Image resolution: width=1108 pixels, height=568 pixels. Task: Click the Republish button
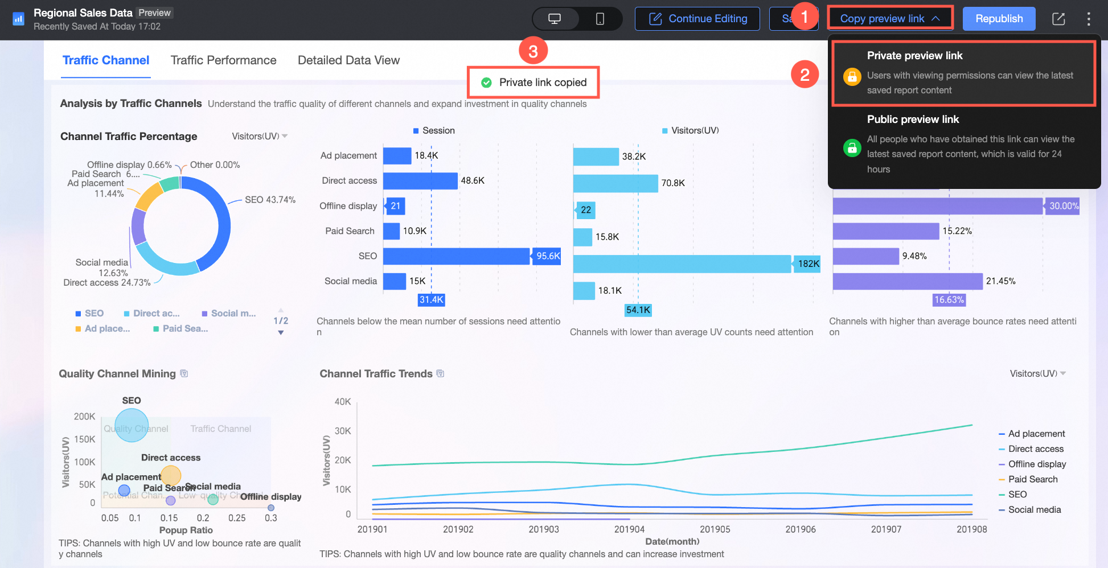click(x=999, y=19)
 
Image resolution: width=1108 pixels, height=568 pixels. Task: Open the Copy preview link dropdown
click(x=889, y=19)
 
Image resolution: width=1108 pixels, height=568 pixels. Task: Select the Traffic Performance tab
click(x=223, y=60)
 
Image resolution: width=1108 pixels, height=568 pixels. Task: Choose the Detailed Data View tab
click(x=348, y=60)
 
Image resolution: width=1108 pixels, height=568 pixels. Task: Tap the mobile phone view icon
click(x=600, y=19)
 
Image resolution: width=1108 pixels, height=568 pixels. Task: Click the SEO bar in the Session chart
click(x=456, y=256)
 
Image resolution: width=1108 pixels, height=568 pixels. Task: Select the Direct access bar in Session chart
click(x=420, y=181)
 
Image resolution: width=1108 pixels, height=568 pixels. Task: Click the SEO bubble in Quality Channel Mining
click(x=132, y=425)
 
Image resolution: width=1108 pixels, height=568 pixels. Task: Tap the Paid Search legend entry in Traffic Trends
click(x=1032, y=479)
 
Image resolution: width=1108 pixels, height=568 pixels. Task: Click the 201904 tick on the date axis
click(x=629, y=529)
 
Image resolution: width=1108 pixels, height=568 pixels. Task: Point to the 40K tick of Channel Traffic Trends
click(x=343, y=402)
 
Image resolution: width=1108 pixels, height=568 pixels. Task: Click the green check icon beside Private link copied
click(x=486, y=83)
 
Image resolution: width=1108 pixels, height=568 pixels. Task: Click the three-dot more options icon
click(x=1088, y=19)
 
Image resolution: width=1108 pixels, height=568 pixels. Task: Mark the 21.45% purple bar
click(x=908, y=281)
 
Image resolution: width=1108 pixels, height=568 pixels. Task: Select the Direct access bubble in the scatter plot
click(x=170, y=475)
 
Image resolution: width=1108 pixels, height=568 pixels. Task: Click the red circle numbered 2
click(x=805, y=75)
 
